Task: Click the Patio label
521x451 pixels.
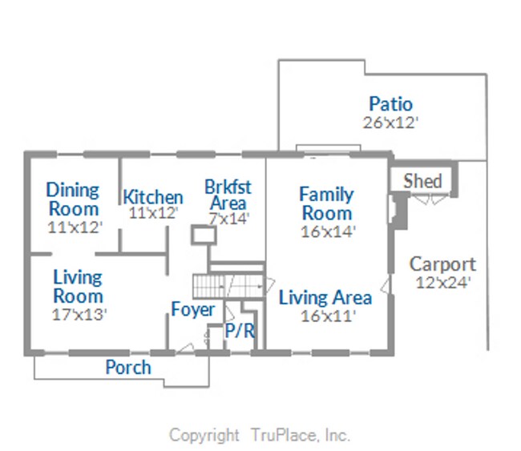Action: [x=390, y=104]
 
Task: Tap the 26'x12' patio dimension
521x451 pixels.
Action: [x=390, y=123]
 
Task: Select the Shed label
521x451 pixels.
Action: [x=422, y=180]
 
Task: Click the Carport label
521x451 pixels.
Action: [x=442, y=264]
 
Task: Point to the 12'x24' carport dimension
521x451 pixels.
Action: [x=442, y=282]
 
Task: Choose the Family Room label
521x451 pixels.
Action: [x=326, y=203]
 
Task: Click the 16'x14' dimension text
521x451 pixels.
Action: [x=327, y=232]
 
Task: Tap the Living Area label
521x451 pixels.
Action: [x=325, y=298]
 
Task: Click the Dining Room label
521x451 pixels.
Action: [x=72, y=199]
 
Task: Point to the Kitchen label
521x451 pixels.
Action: [x=152, y=197]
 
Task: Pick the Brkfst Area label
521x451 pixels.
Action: [x=228, y=195]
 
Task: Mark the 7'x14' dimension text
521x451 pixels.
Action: [x=229, y=216]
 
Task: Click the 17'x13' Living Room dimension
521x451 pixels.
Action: [x=79, y=314]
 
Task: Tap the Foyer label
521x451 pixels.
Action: [x=192, y=309]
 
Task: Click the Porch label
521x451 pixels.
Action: [x=128, y=367]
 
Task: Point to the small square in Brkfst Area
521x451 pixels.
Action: [x=204, y=235]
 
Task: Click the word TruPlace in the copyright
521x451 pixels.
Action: [x=282, y=435]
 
